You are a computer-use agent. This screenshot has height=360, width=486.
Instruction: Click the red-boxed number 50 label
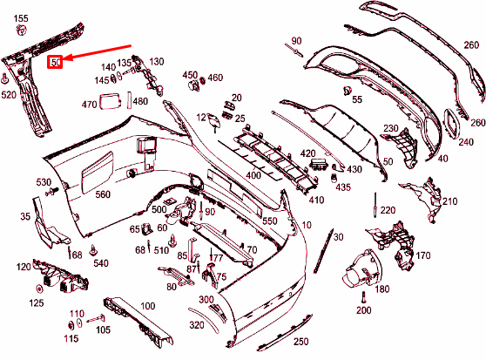55,63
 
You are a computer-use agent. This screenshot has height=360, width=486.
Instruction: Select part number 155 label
21,18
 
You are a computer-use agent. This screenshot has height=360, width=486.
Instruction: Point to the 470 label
90,105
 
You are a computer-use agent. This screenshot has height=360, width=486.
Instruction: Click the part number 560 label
103,194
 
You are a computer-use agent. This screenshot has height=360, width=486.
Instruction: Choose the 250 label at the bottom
300,341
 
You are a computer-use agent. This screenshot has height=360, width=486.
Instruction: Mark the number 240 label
466,142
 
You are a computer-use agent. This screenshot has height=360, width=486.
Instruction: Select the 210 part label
449,201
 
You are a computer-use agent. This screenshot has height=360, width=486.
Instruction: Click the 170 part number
423,255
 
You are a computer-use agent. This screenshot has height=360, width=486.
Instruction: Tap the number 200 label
363,309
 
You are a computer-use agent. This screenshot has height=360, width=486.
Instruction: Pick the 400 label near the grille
253,175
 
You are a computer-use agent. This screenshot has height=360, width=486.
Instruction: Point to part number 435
343,187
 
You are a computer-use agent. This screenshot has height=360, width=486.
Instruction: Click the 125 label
37,302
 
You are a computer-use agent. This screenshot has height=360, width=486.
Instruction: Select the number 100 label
147,306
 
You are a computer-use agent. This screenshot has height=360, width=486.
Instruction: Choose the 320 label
197,325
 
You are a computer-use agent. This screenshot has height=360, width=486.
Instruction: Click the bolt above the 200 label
363,294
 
